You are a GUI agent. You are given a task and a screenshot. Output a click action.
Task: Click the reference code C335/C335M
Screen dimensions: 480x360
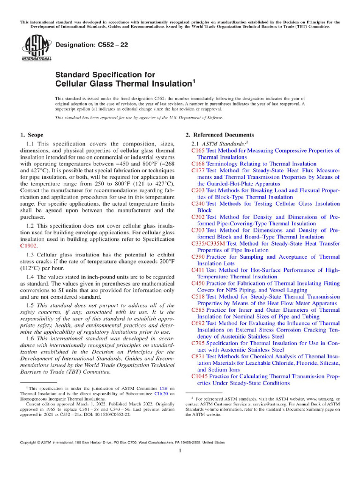coord(208,244)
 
